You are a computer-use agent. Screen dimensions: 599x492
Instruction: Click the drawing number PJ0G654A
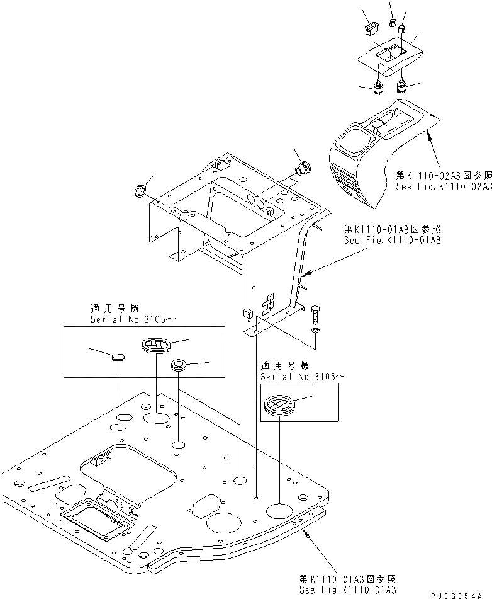(x=461, y=594)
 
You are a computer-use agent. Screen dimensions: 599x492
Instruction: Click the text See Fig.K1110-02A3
(x=444, y=187)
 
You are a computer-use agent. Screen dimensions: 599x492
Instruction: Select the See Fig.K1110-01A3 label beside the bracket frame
(x=392, y=239)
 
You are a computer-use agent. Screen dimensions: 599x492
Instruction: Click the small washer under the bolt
(x=316, y=329)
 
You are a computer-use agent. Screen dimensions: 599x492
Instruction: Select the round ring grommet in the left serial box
(x=179, y=364)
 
